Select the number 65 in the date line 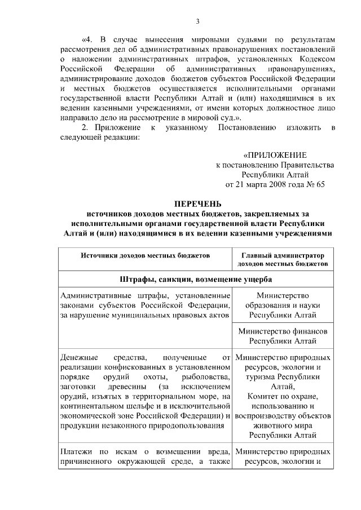click(x=320, y=184)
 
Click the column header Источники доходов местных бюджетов click(x=145, y=255)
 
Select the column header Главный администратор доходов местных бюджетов click(x=283, y=259)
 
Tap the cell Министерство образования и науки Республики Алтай click(x=283, y=305)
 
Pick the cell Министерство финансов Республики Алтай click(x=283, y=336)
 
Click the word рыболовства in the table click(x=208, y=376)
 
